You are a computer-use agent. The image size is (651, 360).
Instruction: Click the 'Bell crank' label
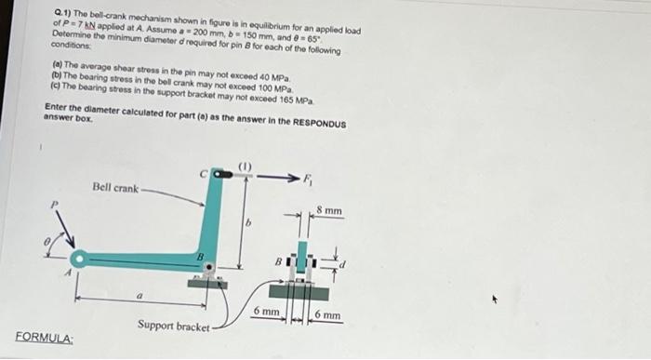pyautogui.click(x=115, y=188)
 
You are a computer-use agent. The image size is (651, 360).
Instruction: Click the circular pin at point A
pyautogui.click(x=81, y=259)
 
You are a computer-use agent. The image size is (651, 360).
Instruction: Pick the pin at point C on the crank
pyautogui.click(x=219, y=174)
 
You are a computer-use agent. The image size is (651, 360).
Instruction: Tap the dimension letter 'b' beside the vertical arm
pyautogui.click(x=248, y=223)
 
